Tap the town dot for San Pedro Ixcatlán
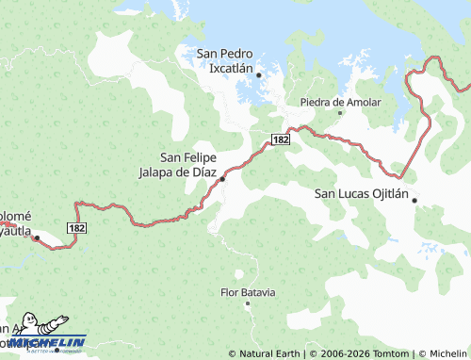[259, 74]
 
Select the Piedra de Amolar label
[340, 102]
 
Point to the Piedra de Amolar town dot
[341, 114]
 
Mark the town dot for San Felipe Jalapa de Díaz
[223, 178]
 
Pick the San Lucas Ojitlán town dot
[414, 200]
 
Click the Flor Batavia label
[248, 293]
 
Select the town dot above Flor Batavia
[248, 277]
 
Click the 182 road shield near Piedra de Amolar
[280, 139]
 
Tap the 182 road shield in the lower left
[77, 228]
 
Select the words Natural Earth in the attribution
[269, 353]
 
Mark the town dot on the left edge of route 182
[37, 238]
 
